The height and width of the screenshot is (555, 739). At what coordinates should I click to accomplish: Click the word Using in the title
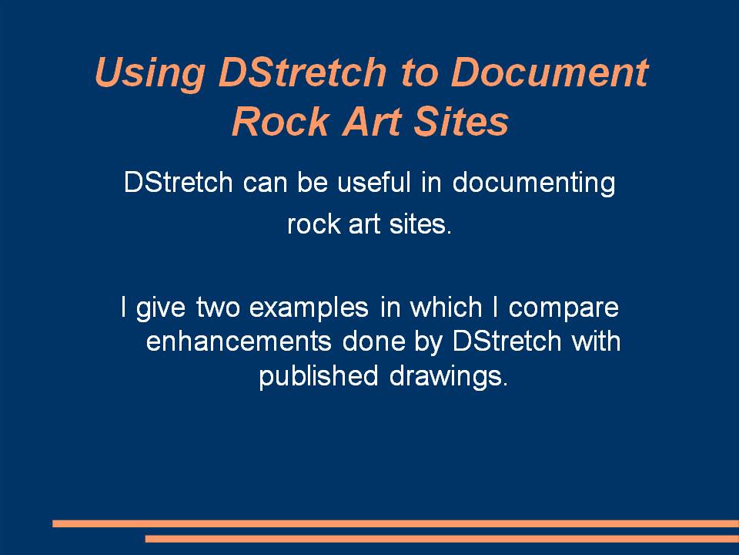coord(150,73)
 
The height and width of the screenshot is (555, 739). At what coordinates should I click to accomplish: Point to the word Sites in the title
coord(461,121)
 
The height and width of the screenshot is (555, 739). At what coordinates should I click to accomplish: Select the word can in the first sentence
coord(265,183)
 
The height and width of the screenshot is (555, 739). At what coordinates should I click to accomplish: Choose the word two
coord(218,308)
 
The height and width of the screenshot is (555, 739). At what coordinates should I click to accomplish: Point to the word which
coord(446,307)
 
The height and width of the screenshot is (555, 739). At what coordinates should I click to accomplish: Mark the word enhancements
coord(239,341)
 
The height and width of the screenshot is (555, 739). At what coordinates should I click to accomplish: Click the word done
coord(374,341)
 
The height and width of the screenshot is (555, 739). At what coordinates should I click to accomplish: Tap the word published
coord(319,377)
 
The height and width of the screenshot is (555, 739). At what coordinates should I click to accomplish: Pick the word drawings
coord(449,377)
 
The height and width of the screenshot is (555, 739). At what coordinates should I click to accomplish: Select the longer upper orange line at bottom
coord(396,523)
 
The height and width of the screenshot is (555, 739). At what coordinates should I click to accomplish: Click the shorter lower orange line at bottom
coord(442,539)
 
